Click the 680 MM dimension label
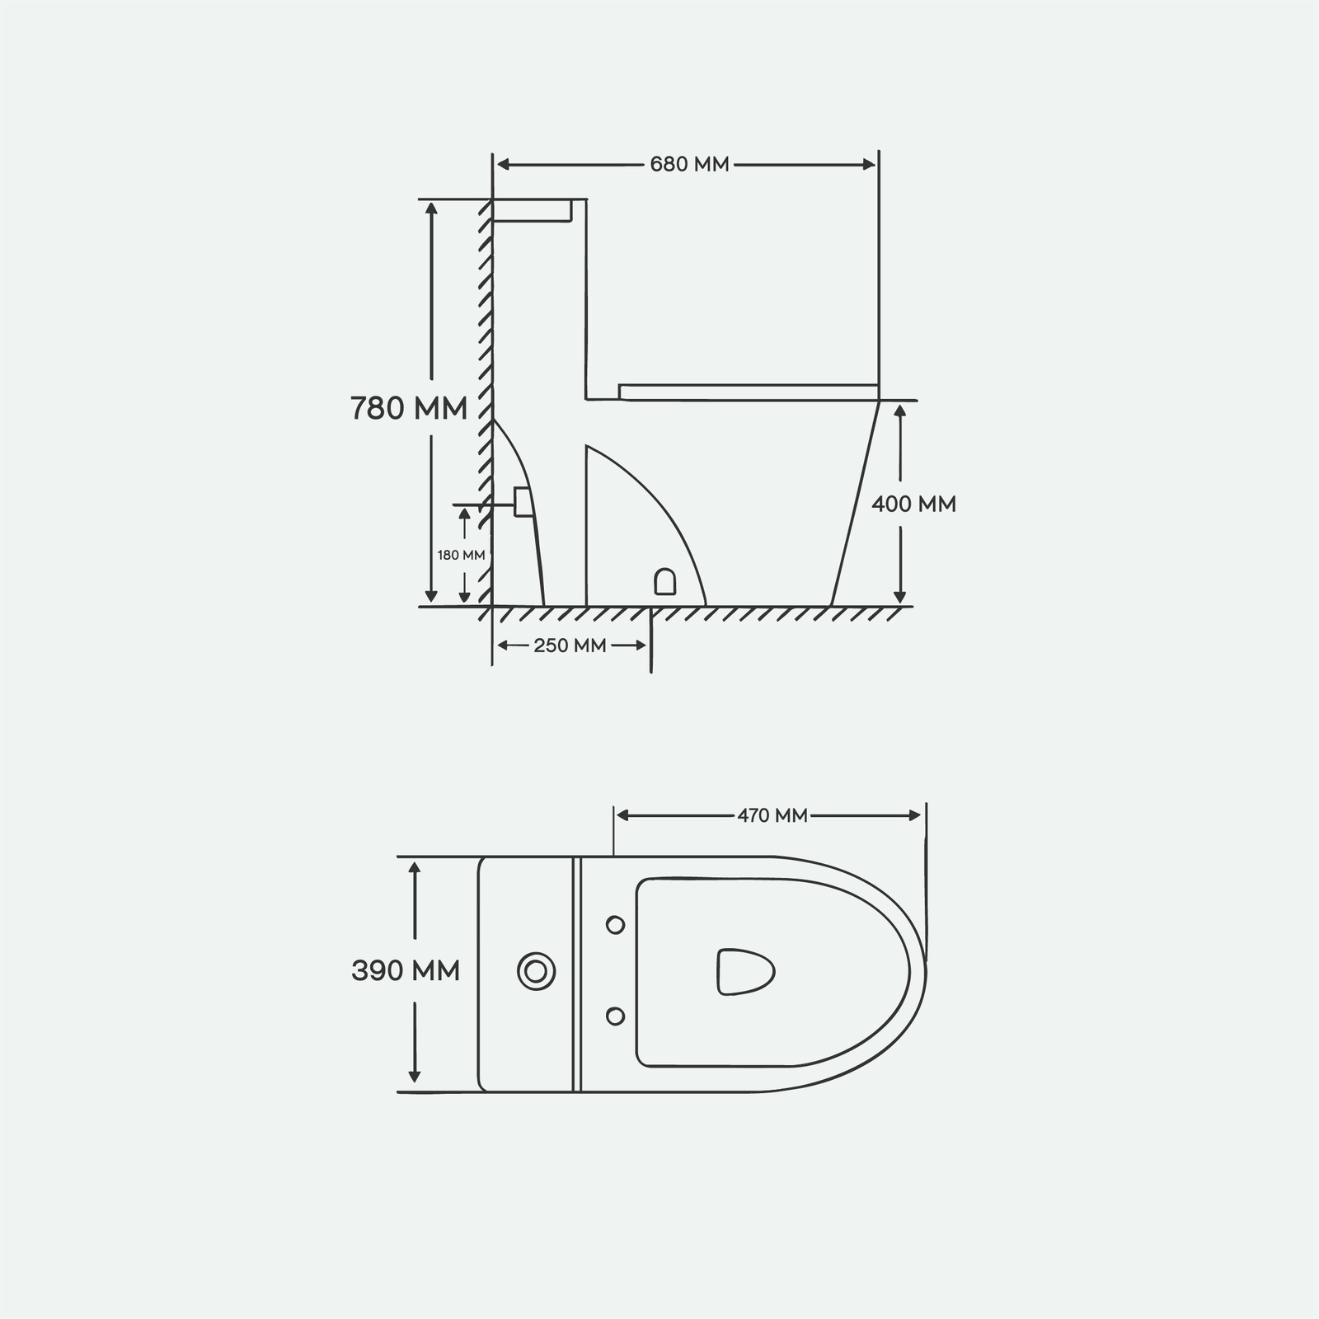point(689,164)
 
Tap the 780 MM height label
point(409,408)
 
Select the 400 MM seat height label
point(914,504)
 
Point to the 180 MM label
point(461,555)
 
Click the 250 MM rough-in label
point(570,645)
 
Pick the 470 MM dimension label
point(772,815)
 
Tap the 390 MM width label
point(406,971)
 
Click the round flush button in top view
point(536,970)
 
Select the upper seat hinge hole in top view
point(615,925)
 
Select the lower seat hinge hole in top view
point(615,1016)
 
